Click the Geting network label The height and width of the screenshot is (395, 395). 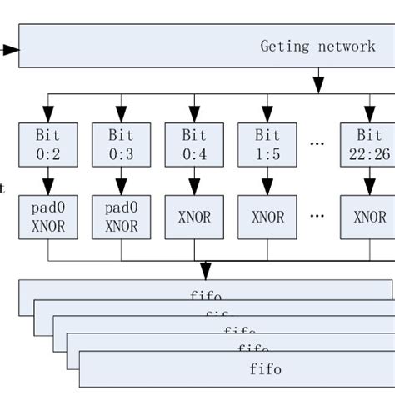pyautogui.click(x=317, y=46)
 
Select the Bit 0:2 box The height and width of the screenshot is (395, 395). pyautogui.click(x=48, y=143)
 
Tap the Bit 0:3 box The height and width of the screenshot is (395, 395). pyautogui.click(x=122, y=143)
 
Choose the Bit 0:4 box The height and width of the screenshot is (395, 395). pyautogui.click(x=195, y=143)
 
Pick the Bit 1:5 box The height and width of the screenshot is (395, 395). pyautogui.click(x=268, y=143)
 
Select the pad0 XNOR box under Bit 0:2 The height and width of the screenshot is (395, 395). pyautogui.click(x=48, y=217)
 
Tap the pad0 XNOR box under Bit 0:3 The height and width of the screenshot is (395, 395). pyautogui.click(x=122, y=217)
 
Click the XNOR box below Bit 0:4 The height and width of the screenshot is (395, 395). pyautogui.click(x=195, y=217)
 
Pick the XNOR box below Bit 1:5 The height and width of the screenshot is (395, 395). pyautogui.click(x=268, y=217)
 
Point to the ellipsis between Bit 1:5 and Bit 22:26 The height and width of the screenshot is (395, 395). pyautogui.click(x=317, y=143)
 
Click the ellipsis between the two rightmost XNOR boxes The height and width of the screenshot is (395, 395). pyautogui.click(x=317, y=216)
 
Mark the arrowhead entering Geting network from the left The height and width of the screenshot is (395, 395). pyautogui.click(x=11, y=50)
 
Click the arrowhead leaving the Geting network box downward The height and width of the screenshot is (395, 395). pyautogui.click(x=318, y=83)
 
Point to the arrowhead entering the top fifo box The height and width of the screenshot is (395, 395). pyautogui.click(x=205, y=272)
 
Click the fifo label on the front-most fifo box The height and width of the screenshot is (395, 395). pyautogui.click(x=265, y=367)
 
